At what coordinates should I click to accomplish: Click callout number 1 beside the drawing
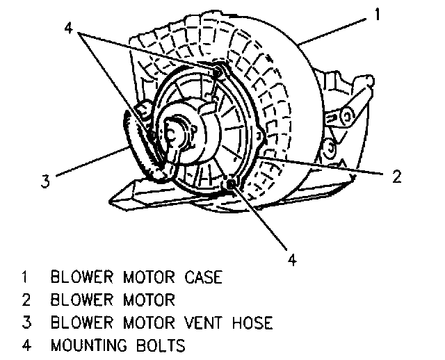tap(375, 14)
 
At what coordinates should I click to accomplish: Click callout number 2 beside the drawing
tap(396, 177)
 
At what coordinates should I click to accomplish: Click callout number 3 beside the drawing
tap(44, 182)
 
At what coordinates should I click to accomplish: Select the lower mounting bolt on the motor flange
tap(230, 184)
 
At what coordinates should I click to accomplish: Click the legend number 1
tap(25, 278)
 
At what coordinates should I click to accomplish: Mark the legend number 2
tap(25, 300)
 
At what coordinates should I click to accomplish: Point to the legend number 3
tap(25, 322)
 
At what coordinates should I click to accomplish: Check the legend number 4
tap(25, 345)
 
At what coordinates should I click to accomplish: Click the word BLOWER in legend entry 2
tap(81, 300)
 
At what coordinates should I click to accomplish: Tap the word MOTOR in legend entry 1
tap(143, 278)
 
